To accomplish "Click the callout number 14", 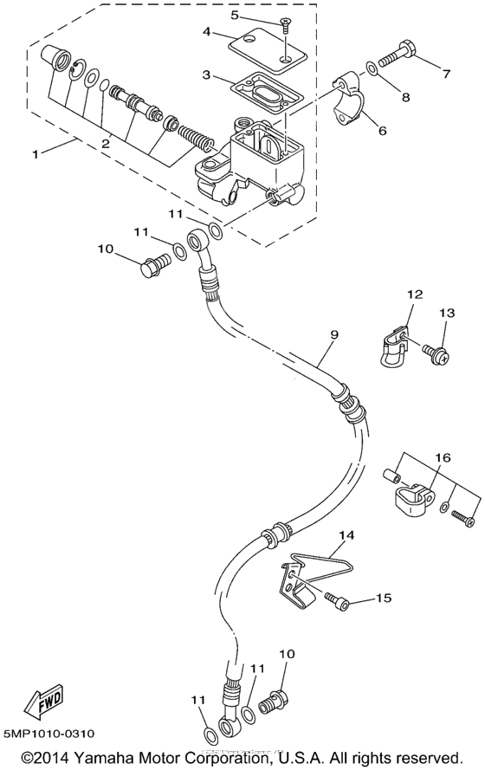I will (x=347, y=536).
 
